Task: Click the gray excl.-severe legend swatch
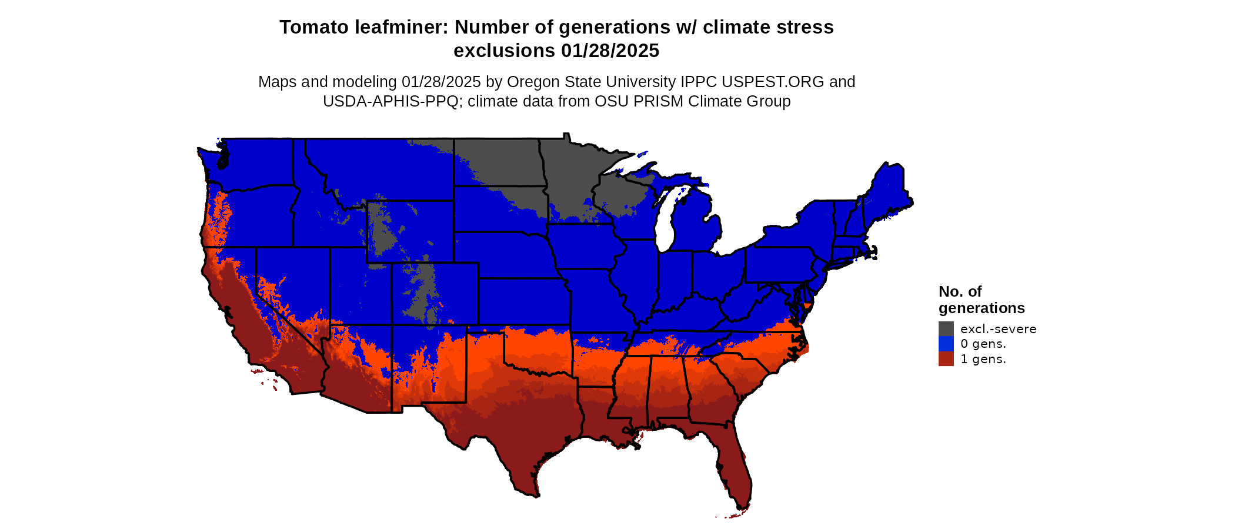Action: coord(946,328)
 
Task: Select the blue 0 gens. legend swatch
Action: coord(946,344)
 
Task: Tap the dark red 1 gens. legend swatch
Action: coord(946,359)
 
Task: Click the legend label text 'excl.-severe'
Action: coord(998,329)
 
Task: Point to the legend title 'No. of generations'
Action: coord(981,300)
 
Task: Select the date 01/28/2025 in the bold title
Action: coord(610,51)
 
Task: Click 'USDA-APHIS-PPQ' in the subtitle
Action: coord(390,101)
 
